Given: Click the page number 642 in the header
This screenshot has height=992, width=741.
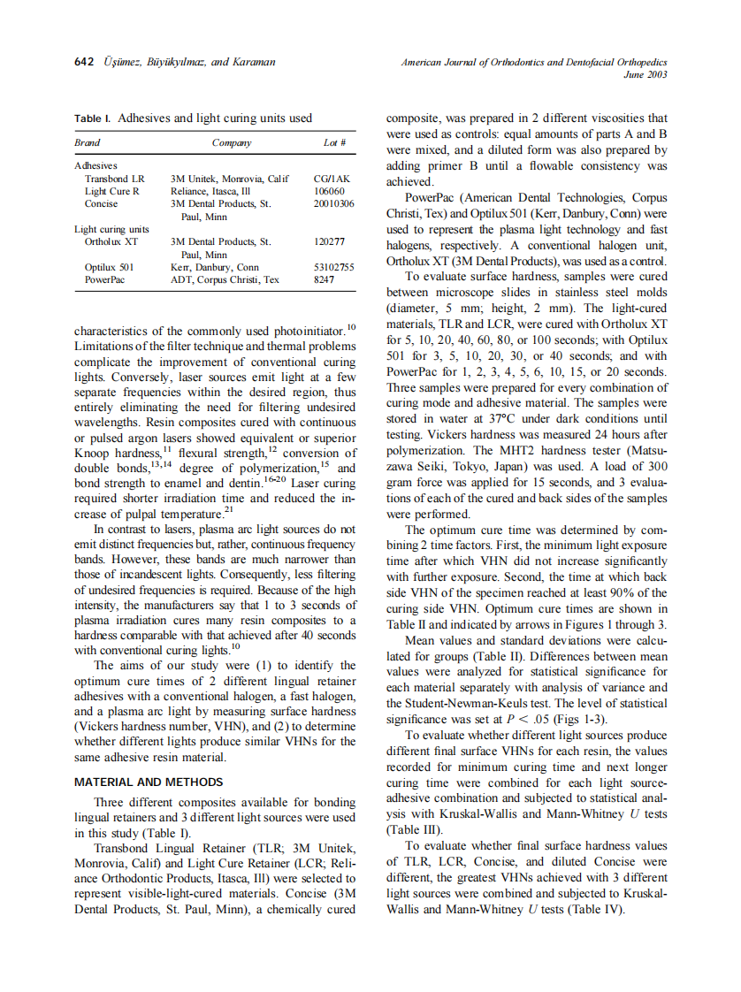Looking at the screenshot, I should pyautogui.click(x=85, y=62).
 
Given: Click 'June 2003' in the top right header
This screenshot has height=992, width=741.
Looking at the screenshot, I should pyautogui.click(x=645, y=75).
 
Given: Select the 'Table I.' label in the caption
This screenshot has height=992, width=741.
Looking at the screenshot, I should pyautogui.click(x=93, y=118).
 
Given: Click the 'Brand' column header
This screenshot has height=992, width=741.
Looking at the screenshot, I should pyautogui.click(x=87, y=142).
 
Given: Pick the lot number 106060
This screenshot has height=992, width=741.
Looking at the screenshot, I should pyautogui.click(x=329, y=191).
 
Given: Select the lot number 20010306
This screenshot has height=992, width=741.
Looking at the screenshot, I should pyautogui.click(x=334, y=203).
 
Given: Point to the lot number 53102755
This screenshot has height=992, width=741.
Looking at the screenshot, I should pyautogui.click(x=334, y=267).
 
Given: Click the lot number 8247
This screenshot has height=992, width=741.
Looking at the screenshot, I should pyautogui.click(x=325, y=279).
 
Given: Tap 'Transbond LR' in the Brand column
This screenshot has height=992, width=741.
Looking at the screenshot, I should pyautogui.click(x=114, y=179).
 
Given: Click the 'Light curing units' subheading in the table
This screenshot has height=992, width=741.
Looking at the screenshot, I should pyautogui.click(x=105, y=229).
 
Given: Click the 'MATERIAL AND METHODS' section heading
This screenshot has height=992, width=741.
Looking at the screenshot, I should pyautogui.click(x=149, y=782).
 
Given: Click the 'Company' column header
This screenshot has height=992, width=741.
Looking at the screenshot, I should pyautogui.click(x=232, y=142).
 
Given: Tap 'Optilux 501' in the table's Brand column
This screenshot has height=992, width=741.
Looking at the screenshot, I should pyautogui.click(x=109, y=267).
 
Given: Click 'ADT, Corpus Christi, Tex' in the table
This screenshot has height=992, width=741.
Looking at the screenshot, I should pyautogui.click(x=225, y=279).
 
